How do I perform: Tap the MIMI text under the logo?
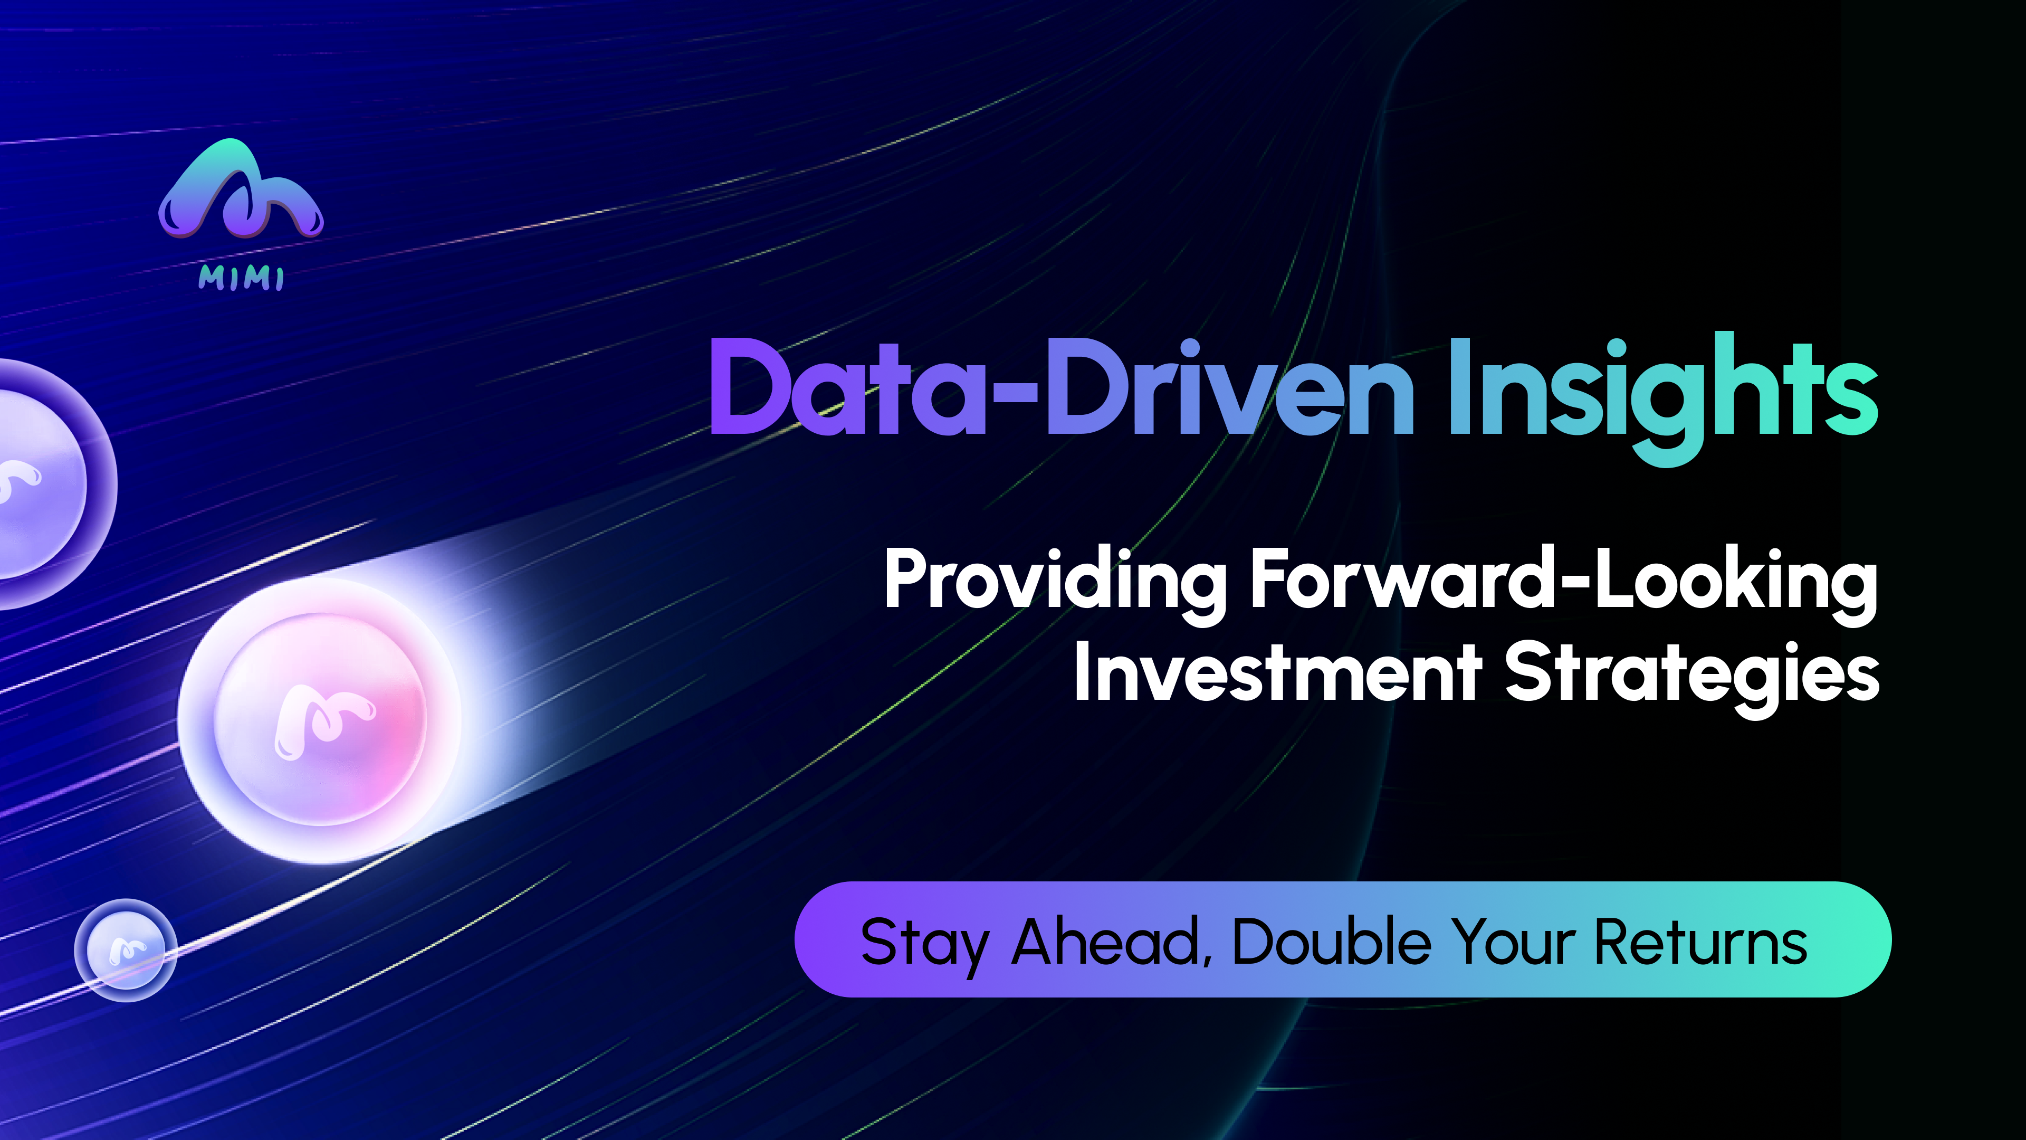241,278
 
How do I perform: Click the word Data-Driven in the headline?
1062,387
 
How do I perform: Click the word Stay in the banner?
925,944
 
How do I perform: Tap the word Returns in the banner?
1700,942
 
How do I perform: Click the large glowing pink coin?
319,720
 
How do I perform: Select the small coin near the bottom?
126,949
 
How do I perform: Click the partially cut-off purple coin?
47,484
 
